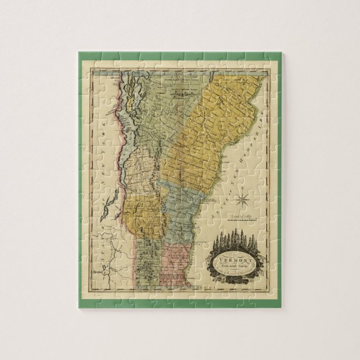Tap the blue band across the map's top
pyautogui.click(x=168, y=73)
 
